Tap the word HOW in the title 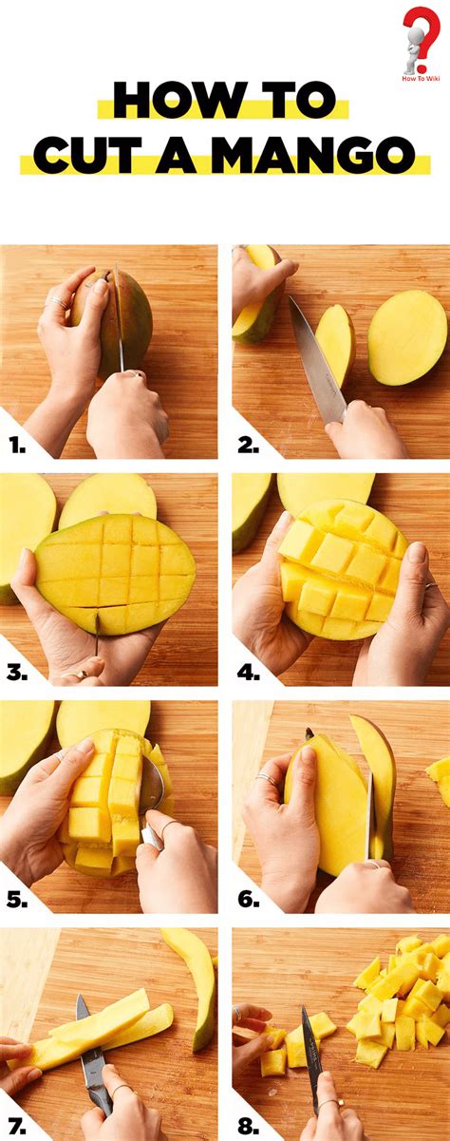point(159,99)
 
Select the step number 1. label point(16,443)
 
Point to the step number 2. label point(249,443)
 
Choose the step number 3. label point(16,672)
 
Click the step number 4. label point(249,672)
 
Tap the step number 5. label point(16,899)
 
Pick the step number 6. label point(249,899)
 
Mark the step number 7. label point(16,1126)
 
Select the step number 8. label point(249,1126)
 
